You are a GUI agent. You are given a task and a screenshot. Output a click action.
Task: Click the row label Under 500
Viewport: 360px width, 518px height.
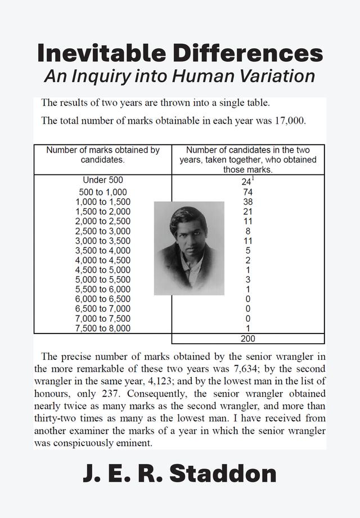[x=102, y=181]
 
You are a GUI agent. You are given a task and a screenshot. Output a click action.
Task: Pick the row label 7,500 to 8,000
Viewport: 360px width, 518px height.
[x=102, y=328]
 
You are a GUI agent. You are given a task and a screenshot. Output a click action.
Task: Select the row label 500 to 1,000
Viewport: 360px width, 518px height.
[x=102, y=192]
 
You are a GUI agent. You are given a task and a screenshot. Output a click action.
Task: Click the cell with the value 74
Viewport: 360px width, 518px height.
[x=248, y=192]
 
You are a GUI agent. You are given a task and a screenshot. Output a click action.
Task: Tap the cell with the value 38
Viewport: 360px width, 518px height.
[x=248, y=201]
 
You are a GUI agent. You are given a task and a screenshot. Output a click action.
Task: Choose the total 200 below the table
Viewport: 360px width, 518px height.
[x=248, y=339]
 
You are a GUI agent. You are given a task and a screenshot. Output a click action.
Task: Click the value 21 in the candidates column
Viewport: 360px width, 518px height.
[x=248, y=211]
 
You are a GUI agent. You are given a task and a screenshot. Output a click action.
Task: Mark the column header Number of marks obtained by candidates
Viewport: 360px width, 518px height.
[x=102, y=155]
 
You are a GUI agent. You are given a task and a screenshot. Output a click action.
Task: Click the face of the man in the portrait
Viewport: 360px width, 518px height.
[x=189, y=236]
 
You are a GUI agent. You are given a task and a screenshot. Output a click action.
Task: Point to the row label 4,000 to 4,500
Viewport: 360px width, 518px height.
[x=102, y=260]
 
